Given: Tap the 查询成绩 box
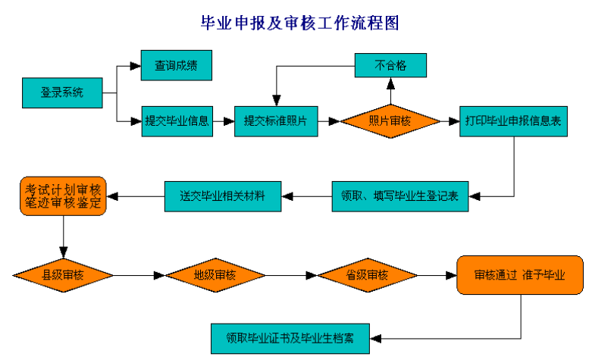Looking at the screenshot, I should point(176,65).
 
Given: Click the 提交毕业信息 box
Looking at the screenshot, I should point(177,121).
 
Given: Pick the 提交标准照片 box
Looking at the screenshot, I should point(276,121).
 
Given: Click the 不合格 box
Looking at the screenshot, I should point(390,65).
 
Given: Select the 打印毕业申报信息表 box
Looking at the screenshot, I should point(514,121).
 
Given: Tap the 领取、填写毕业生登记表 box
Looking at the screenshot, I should point(399,196).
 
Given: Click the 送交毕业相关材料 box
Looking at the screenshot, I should point(223,196).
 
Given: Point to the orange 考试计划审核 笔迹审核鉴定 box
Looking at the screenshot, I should point(64,196).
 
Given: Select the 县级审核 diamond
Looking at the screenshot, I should point(64,275).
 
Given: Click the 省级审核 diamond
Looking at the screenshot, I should point(367,275).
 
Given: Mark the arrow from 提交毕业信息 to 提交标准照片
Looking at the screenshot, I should point(224,121).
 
